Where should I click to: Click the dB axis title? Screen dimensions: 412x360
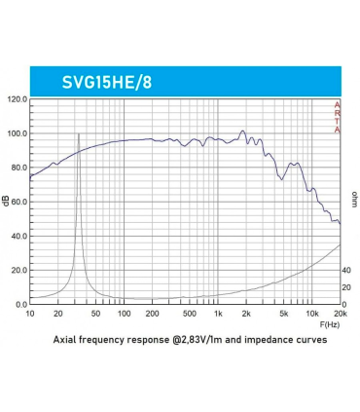coord(8,202)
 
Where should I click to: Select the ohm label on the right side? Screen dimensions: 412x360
coord(353,199)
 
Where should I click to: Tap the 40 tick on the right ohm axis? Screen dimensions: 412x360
coord(347,270)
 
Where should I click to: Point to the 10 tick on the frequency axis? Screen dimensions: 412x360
coord(30,314)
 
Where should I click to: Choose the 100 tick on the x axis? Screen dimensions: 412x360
coord(124,314)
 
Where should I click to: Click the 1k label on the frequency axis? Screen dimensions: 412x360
coord(218,314)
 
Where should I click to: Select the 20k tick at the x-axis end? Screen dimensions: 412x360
coord(340,314)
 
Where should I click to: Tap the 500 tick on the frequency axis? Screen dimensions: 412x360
coord(190,314)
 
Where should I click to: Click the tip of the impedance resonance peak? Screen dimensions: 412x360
coord(78,133)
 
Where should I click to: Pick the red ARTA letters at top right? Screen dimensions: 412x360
coord(337,117)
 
